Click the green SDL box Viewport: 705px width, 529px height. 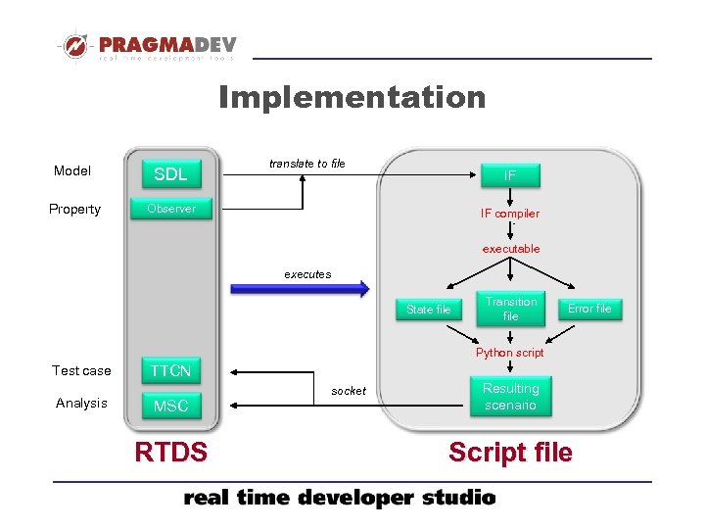[x=170, y=174]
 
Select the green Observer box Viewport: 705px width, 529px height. [x=171, y=209]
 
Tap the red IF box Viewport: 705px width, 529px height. [x=510, y=175]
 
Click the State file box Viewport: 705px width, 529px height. [x=429, y=310]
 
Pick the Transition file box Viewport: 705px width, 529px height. [x=511, y=309]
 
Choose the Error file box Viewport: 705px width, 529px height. [x=589, y=309]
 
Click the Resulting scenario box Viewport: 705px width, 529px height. [x=510, y=396]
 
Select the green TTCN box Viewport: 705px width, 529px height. [x=170, y=370]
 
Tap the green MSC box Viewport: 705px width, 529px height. [x=170, y=406]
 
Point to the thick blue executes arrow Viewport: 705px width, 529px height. [x=300, y=289]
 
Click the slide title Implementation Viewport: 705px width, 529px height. [x=352, y=97]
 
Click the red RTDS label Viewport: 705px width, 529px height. [x=171, y=452]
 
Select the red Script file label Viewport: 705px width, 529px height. [x=510, y=452]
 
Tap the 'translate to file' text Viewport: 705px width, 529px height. [x=307, y=164]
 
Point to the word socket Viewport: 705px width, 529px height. [x=349, y=391]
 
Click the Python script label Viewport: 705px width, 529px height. [x=510, y=353]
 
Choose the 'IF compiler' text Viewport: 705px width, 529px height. [x=510, y=214]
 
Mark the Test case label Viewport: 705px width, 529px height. [x=81, y=370]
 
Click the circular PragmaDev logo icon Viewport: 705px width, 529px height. [x=74, y=46]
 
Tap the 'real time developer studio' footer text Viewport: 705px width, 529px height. [x=340, y=499]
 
